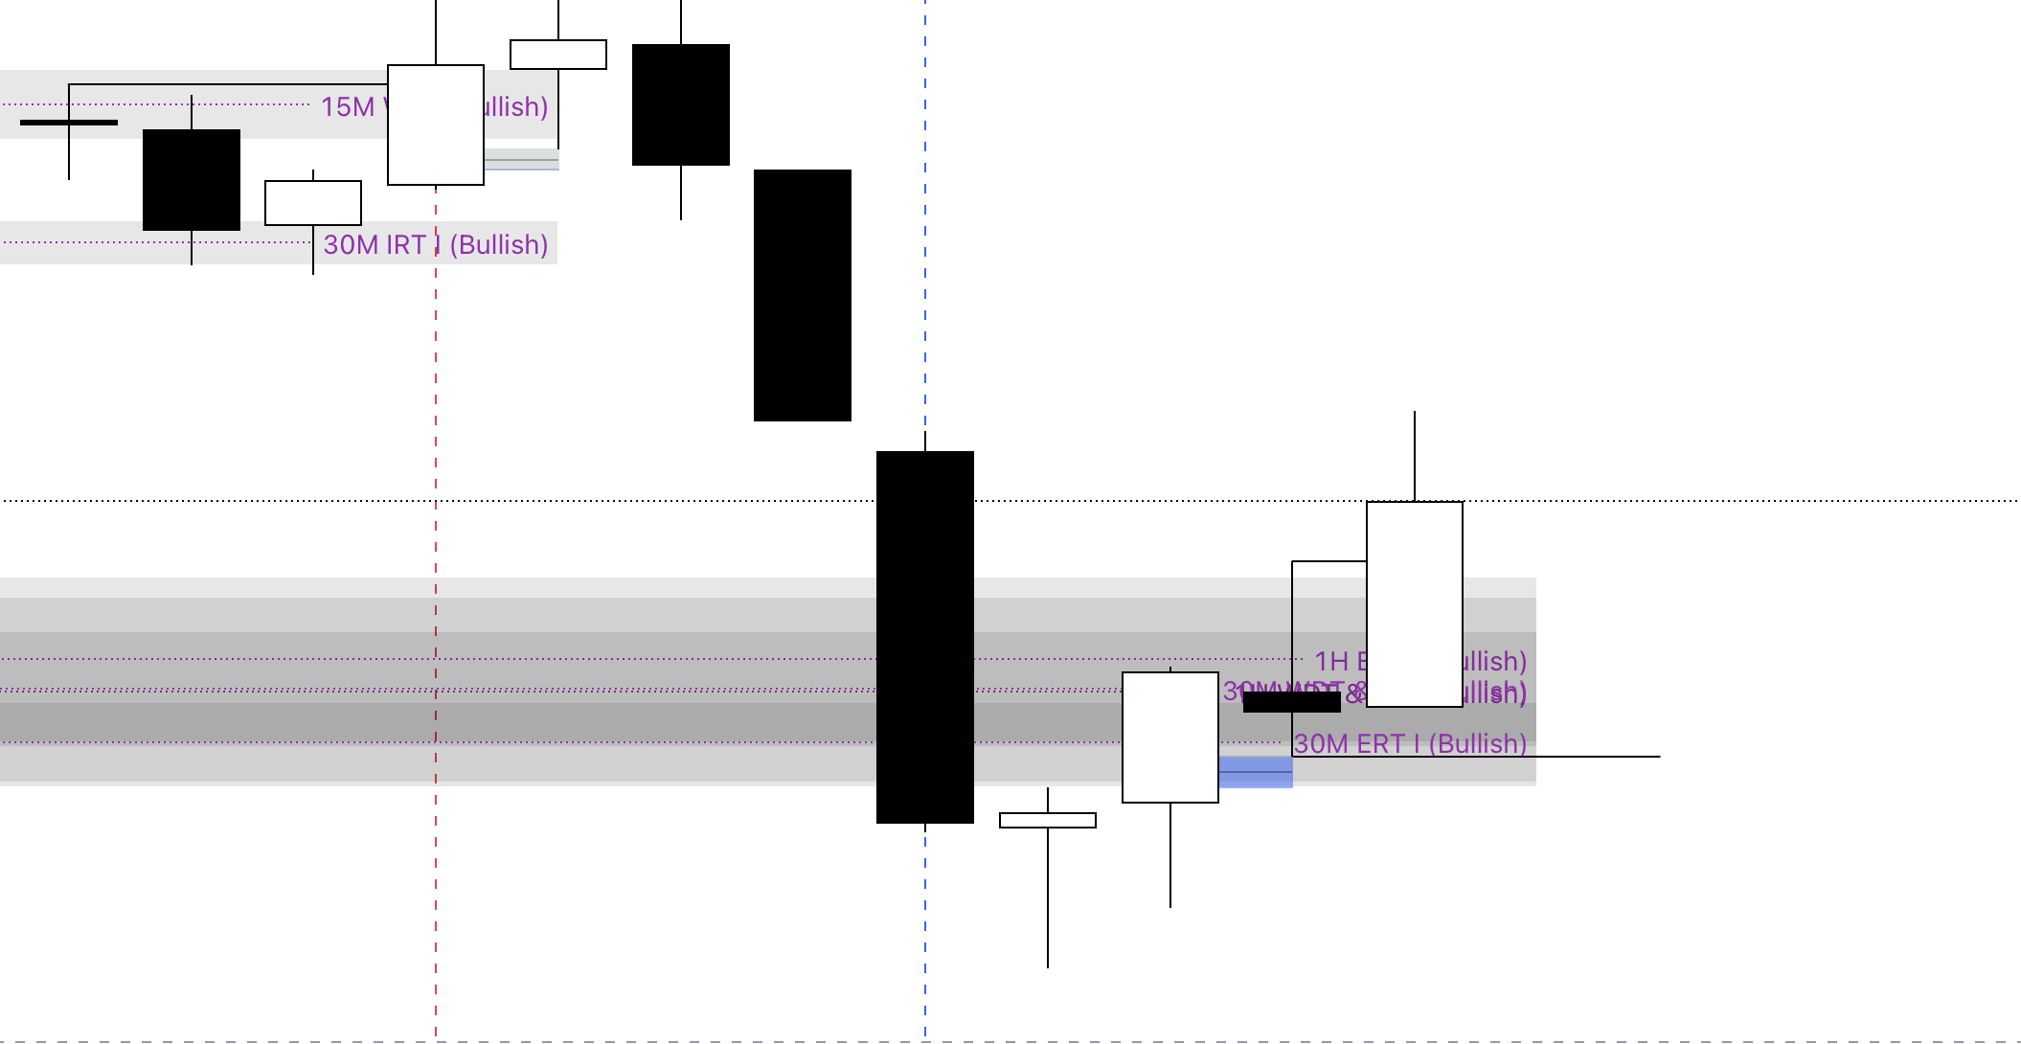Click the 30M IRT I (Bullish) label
[x=435, y=245]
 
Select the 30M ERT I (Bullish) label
[x=1410, y=743]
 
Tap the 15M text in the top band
[x=348, y=106]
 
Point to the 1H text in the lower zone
[x=1331, y=661]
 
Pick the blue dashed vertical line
[x=925, y=239]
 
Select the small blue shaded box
[x=1256, y=772]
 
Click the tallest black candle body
[x=925, y=637]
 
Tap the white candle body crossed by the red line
[x=436, y=125]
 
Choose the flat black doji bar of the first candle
[x=69, y=123]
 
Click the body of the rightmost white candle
[x=1415, y=603]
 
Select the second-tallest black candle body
[x=803, y=295]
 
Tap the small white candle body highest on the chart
[x=558, y=55]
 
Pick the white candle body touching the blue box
[x=1170, y=738]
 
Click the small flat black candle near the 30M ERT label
[x=1291, y=702]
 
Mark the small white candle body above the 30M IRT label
[x=313, y=203]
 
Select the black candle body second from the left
[x=192, y=180]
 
